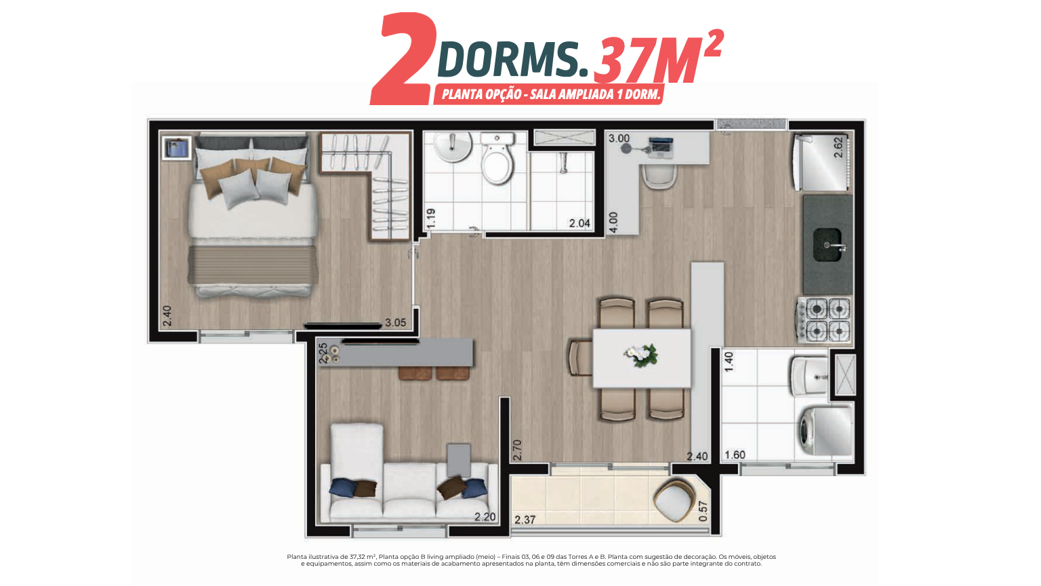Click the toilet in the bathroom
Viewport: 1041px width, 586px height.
(x=497, y=157)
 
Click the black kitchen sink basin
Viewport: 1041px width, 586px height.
(x=827, y=245)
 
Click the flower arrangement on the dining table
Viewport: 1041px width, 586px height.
(x=641, y=356)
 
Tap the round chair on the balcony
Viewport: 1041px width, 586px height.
(x=674, y=501)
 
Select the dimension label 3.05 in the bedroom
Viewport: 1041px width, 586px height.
(x=396, y=323)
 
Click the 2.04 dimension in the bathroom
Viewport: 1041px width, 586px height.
(x=579, y=224)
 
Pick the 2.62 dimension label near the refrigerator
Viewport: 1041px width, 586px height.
(x=838, y=147)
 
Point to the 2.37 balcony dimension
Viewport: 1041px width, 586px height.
(x=525, y=520)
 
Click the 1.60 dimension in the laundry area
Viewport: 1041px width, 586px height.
(x=735, y=455)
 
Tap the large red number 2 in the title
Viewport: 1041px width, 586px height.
(x=404, y=58)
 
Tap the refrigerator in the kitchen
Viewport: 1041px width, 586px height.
(x=823, y=162)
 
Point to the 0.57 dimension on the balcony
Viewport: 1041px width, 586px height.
(x=703, y=511)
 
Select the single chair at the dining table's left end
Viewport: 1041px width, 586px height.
(x=581, y=358)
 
